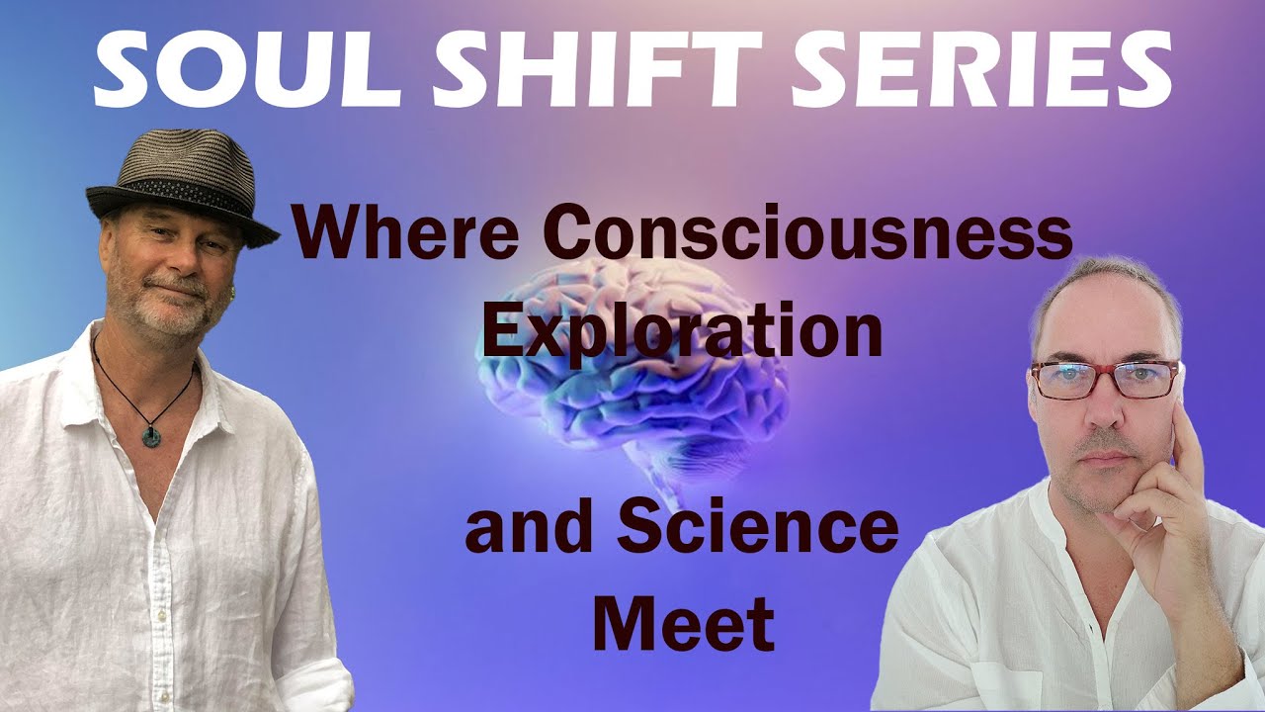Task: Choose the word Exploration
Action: point(682,331)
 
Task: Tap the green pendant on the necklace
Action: point(151,435)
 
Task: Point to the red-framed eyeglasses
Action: point(1104,378)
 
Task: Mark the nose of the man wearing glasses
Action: point(1099,410)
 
